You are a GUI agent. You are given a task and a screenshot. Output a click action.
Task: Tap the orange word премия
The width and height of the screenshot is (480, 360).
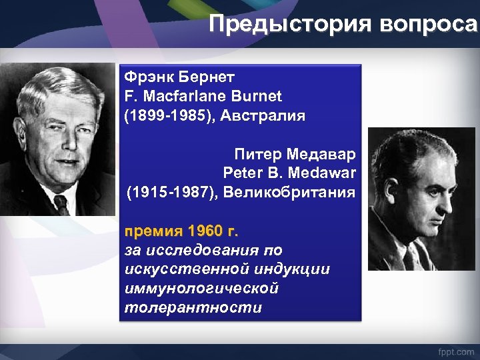153,231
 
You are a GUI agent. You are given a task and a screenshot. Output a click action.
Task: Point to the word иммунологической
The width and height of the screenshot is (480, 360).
201,289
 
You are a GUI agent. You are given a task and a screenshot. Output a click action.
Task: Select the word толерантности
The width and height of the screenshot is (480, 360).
193,308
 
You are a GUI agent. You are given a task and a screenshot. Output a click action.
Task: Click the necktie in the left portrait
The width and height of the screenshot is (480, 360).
61,203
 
